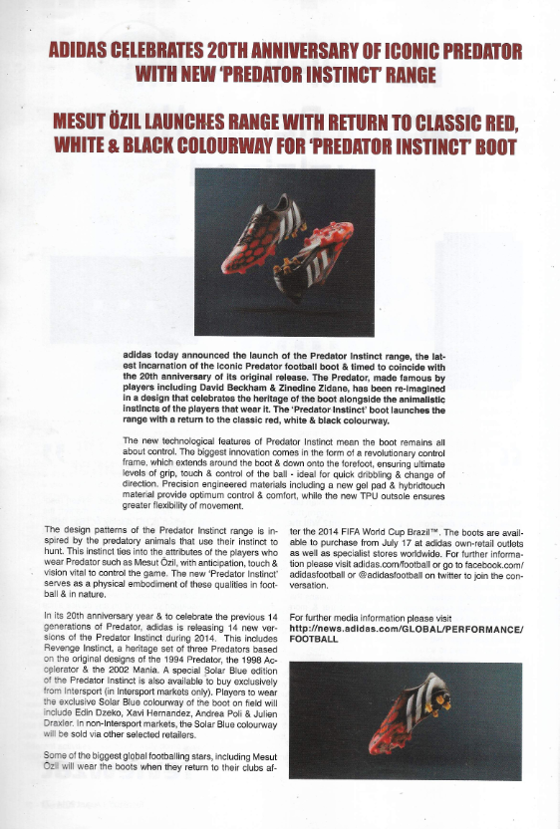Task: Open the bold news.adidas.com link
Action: coord(405,630)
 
